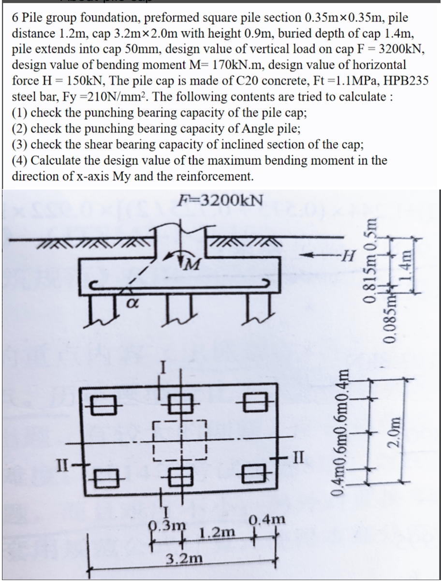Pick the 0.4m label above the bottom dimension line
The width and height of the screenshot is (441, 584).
(x=265, y=521)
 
